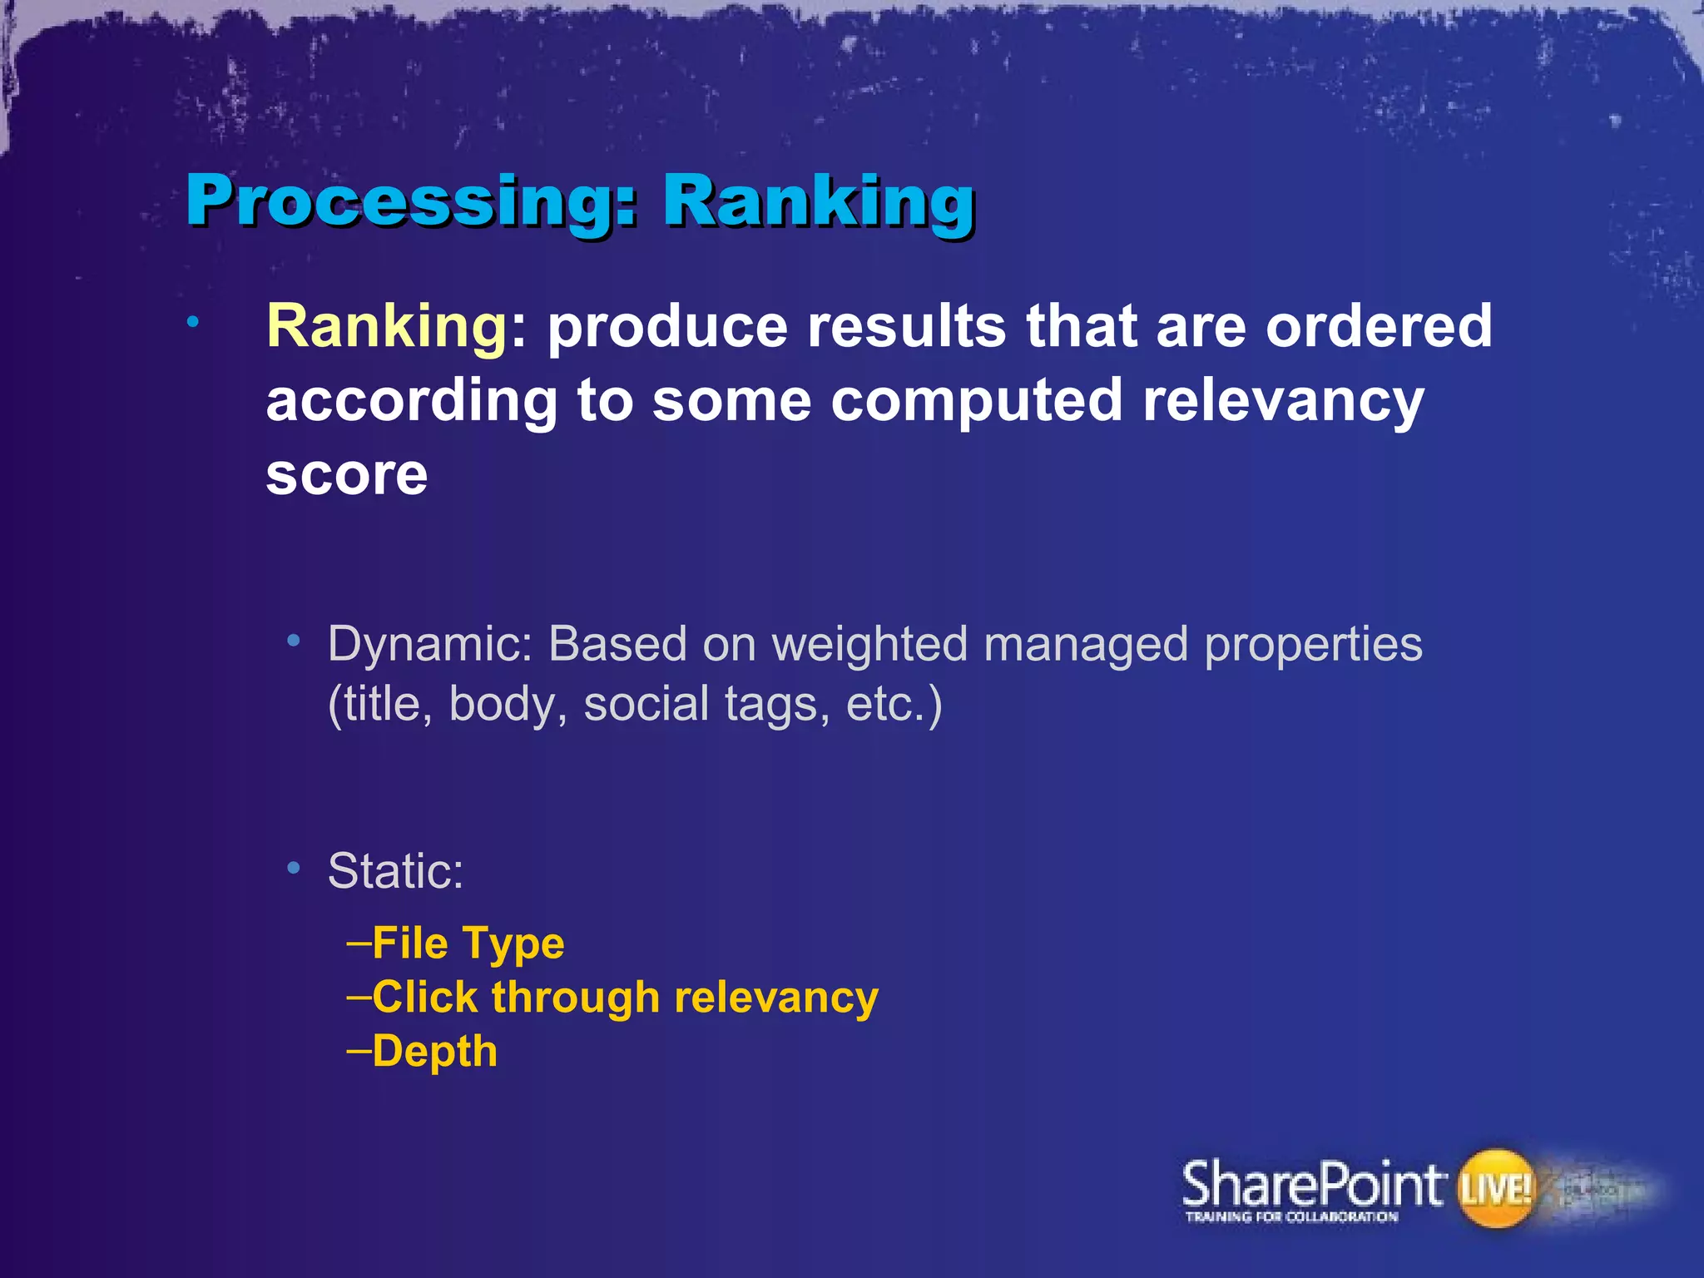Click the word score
coord(347,475)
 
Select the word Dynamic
coord(429,645)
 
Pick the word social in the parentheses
coord(646,705)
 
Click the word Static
coord(395,871)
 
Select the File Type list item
coord(468,944)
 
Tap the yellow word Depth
coord(434,1052)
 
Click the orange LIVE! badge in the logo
coord(1495,1188)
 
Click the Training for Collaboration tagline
coord(1291,1217)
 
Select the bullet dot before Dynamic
coord(293,641)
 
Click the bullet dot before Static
coord(293,868)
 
